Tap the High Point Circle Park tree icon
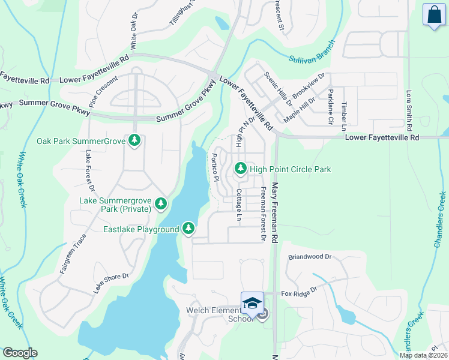[241, 169]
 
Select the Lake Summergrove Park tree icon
[160, 204]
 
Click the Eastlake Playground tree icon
[188, 229]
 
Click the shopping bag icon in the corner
[433, 16]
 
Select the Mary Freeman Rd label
[276, 212]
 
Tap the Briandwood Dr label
[310, 256]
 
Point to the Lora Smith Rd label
[409, 111]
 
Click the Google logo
[20, 353]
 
